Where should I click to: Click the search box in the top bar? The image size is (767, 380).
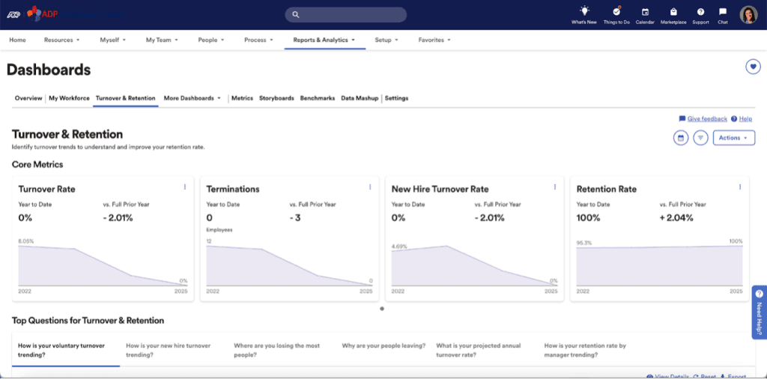click(345, 14)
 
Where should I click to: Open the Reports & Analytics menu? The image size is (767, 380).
click(324, 40)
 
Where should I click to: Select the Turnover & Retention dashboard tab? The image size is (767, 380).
click(126, 98)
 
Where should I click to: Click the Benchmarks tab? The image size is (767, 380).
click(317, 98)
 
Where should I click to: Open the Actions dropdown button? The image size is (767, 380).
click(733, 138)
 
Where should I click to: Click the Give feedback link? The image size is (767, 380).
click(707, 118)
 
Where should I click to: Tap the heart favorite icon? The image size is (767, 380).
click(753, 67)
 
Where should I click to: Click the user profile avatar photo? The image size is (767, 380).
click(748, 14)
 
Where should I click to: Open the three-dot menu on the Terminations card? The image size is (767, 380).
click(370, 187)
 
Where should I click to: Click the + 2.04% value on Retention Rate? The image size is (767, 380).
click(677, 218)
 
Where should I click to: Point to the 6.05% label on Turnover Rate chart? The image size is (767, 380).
click(26, 241)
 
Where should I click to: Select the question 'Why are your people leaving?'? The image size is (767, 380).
click(383, 346)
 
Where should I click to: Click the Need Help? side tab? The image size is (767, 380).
click(759, 311)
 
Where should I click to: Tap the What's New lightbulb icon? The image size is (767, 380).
click(584, 11)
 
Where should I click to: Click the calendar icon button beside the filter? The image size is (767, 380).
click(681, 138)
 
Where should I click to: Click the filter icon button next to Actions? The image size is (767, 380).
click(700, 138)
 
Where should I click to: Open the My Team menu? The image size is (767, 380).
click(160, 40)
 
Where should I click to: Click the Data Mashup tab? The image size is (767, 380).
click(360, 98)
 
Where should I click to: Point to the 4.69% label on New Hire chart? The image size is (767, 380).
click(399, 245)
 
